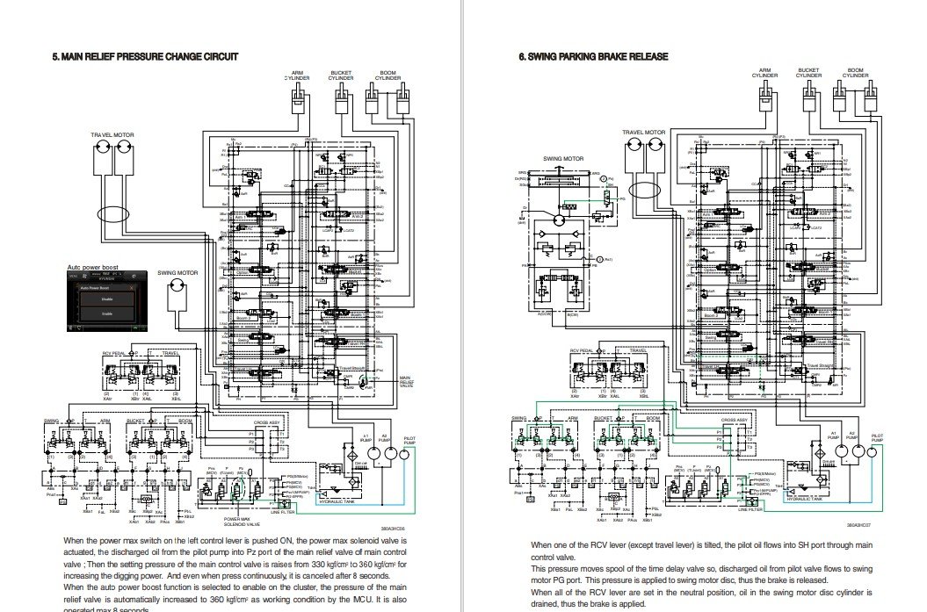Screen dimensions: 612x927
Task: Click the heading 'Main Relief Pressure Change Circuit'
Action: [145, 57]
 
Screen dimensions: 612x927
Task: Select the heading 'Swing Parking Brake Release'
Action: [593, 57]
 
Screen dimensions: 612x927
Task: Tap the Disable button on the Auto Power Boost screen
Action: [106, 299]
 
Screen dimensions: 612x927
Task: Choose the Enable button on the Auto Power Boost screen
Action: [106, 313]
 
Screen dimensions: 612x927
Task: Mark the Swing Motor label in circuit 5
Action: [174, 273]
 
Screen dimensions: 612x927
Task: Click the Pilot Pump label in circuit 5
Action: [412, 439]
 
